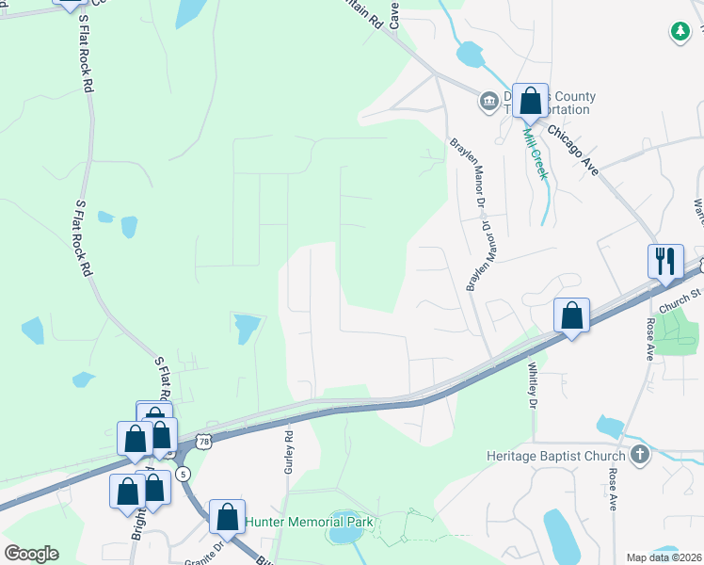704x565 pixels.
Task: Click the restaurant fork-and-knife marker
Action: pos(665,261)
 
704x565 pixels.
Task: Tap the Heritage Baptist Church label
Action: pos(556,457)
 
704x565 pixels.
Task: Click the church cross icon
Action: pos(639,456)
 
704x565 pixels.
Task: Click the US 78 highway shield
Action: pos(202,440)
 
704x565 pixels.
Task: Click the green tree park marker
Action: pos(680,32)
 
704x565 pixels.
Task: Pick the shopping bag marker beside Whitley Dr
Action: pos(571,315)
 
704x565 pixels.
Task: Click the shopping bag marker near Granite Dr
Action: pos(227,516)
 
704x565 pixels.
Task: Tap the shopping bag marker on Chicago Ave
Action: pos(531,101)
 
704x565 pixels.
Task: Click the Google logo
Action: pos(31,554)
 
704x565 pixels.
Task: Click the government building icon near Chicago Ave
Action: pos(488,101)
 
